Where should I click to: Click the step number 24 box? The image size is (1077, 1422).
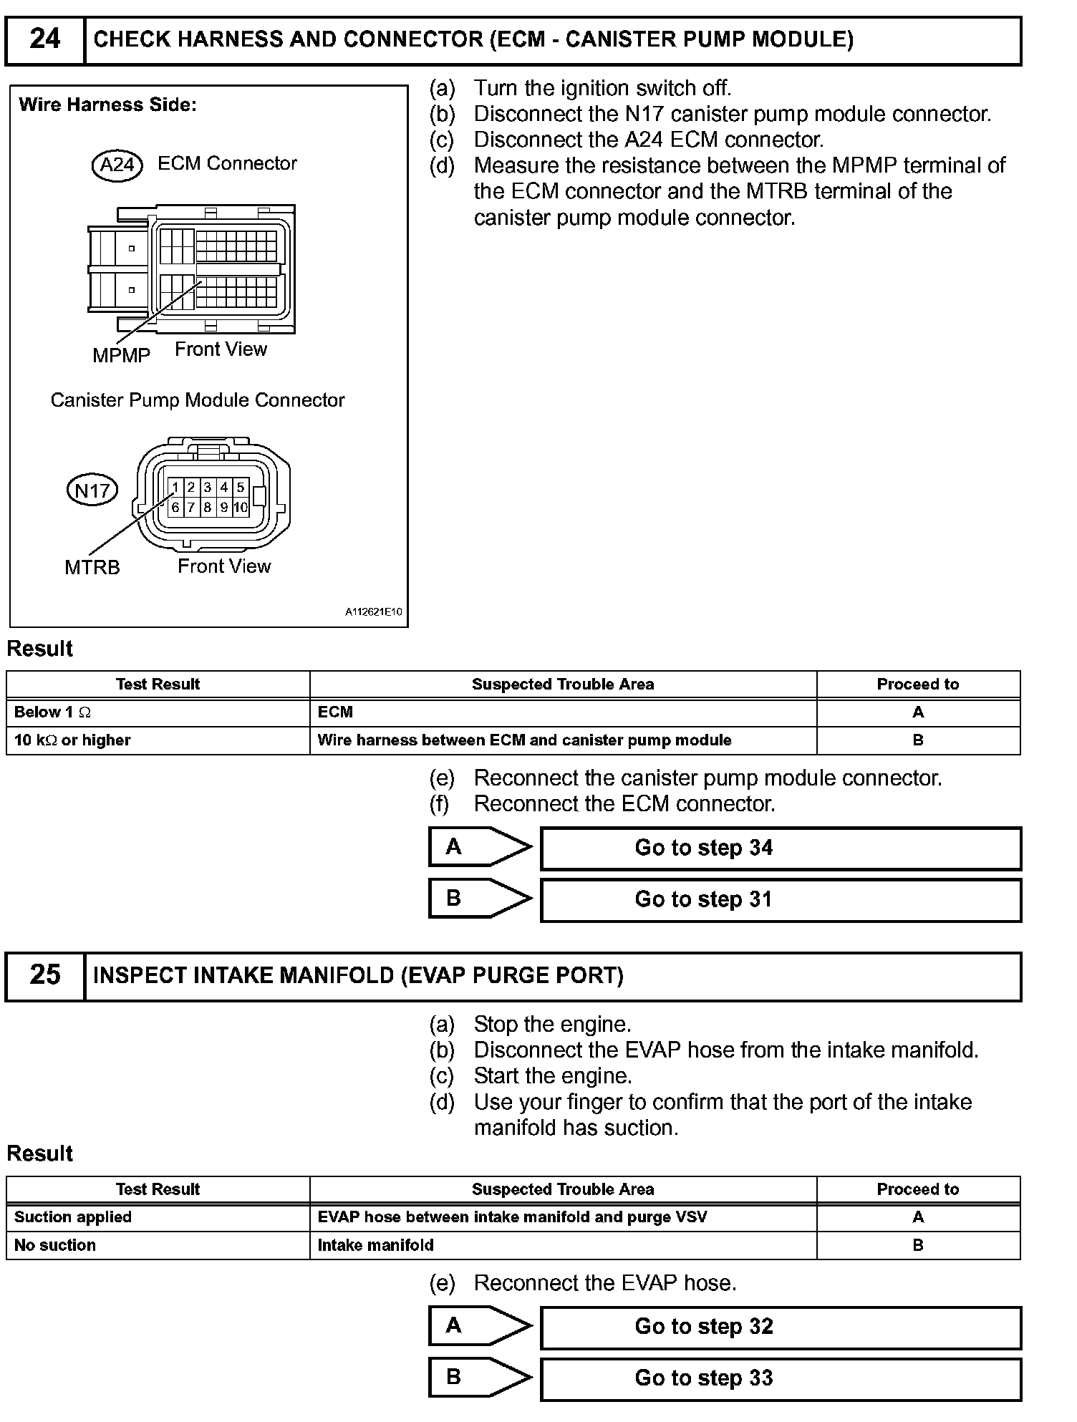(45, 39)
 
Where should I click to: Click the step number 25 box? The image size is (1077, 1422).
(45, 975)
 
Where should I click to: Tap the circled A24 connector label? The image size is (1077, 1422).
(117, 165)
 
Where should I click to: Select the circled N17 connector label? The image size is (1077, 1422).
(92, 490)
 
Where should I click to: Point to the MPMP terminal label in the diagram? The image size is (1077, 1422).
(121, 355)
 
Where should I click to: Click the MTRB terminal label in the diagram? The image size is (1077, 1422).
(92, 568)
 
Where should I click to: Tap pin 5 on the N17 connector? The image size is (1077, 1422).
(241, 488)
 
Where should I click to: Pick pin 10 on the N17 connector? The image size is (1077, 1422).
(241, 508)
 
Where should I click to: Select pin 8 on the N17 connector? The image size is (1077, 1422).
(208, 508)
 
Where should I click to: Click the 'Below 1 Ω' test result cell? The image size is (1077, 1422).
(158, 712)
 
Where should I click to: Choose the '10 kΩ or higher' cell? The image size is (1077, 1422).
(158, 740)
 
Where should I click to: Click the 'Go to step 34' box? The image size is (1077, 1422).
(781, 848)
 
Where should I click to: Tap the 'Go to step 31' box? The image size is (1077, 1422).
(781, 900)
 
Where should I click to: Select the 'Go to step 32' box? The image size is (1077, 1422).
(781, 1327)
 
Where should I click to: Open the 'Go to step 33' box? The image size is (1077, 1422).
(781, 1378)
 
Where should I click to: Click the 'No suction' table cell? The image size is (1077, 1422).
(158, 1245)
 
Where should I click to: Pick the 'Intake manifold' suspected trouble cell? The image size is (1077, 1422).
(563, 1245)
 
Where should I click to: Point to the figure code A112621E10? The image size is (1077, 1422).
(373, 612)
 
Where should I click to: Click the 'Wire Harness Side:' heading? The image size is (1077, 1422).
(108, 105)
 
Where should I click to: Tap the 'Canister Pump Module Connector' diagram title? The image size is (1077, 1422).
(198, 400)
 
